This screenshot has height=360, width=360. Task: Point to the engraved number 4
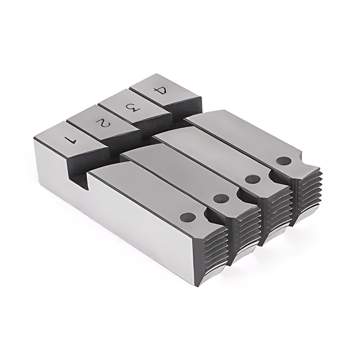[161, 91]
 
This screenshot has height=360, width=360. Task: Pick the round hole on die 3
[253, 179]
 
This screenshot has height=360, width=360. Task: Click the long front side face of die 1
[112, 225]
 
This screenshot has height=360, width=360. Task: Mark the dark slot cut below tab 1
[79, 173]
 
